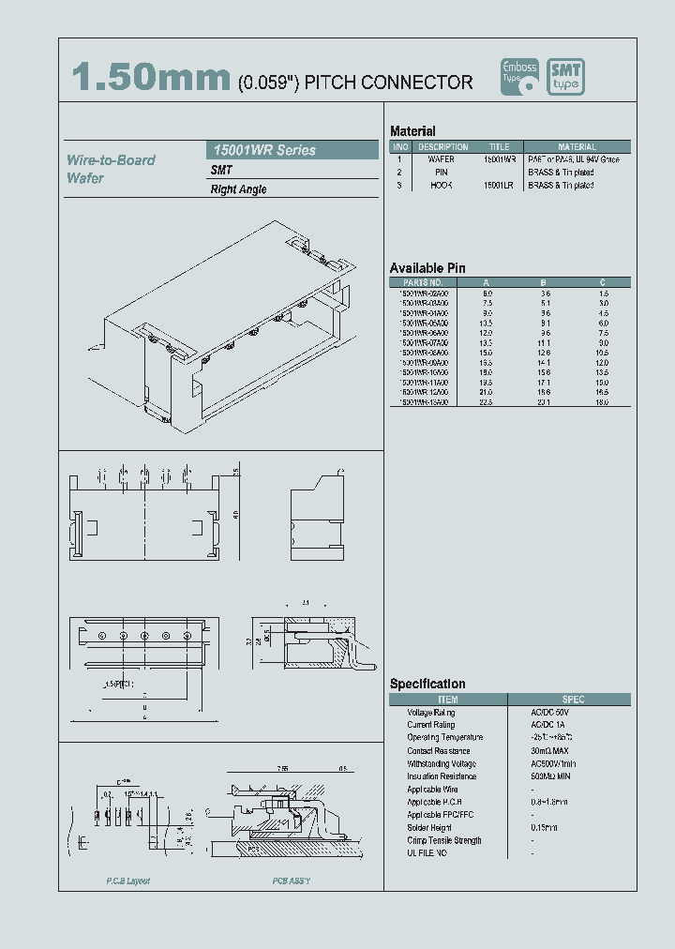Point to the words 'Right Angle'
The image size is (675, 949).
click(x=238, y=189)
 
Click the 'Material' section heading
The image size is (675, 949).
click(x=412, y=131)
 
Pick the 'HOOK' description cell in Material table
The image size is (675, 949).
click(x=442, y=186)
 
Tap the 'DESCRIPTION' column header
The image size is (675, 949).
click(x=442, y=147)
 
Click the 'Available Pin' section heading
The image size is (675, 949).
click(x=427, y=268)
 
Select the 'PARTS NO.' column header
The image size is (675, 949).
click(x=423, y=282)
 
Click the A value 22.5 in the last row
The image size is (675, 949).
click(x=487, y=402)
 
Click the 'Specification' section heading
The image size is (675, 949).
click(x=427, y=685)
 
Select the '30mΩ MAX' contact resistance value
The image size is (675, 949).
click(x=548, y=751)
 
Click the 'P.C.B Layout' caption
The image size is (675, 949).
click(x=127, y=881)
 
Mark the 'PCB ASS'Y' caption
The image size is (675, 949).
click(x=292, y=881)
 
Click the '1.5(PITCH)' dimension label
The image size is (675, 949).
click(x=119, y=685)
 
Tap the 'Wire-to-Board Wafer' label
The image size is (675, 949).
click(x=111, y=169)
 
